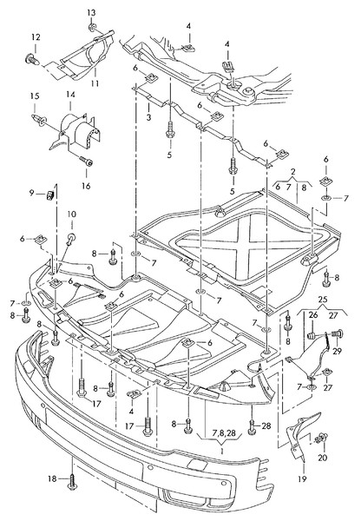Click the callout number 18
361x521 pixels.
[x=52, y=478]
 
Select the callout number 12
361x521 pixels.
[x=36, y=36]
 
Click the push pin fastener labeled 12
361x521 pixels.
[x=32, y=59]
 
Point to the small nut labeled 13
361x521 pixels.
[x=92, y=27]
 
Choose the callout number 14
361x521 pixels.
[x=70, y=95]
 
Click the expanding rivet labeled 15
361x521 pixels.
[x=39, y=120]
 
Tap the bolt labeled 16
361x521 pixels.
[x=86, y=162]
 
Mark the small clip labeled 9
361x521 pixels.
[x=49, y=195]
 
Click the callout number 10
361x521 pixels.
[x=72, y=214]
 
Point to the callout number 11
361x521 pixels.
[x=95, y=82]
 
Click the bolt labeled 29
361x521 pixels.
[x=337, y=333]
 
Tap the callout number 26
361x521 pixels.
[x=313, y=315]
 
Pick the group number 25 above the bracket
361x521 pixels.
[x=323, y=300]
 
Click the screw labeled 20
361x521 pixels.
[x=321, y=439]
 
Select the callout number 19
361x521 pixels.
[x=302, y=478]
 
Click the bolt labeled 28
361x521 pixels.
[x=252, y=427]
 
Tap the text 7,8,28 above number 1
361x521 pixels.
[x=224, y=433]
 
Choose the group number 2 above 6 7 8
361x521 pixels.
[x=293, y=172]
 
